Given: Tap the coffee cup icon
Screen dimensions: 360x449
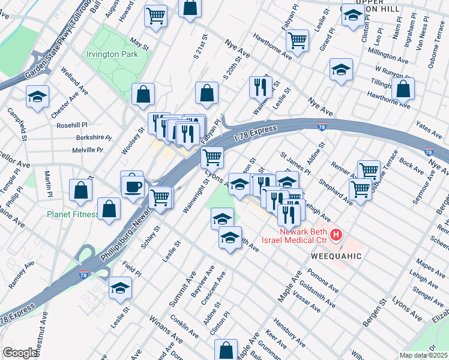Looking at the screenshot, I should tap(132, 185).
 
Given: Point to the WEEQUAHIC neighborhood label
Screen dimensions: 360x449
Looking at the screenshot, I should tap(336, 256).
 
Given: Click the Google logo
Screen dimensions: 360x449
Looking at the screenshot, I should tap(20, 353).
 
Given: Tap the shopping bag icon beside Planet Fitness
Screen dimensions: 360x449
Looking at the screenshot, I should tap(109, 209).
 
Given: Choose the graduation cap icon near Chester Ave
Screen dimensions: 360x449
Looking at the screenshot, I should tap(37, 97).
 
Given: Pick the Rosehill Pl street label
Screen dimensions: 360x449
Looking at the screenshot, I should tap(72, 126).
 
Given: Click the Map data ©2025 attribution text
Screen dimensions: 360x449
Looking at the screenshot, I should tap(423, 355).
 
